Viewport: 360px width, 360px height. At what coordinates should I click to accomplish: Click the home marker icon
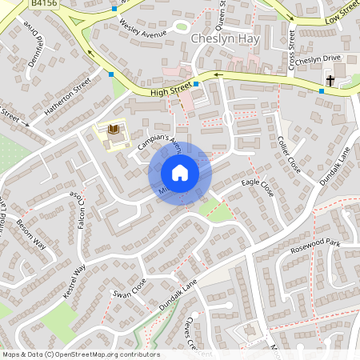[180, 173]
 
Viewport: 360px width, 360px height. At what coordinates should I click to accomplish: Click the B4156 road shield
[45, 4]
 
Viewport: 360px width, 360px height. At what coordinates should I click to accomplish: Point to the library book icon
[113, 130]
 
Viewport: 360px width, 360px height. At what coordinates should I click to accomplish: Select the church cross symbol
[330, 80]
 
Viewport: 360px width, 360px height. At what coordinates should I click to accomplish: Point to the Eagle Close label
[258, 189]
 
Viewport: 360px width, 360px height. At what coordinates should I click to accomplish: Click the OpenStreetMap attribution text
[80, 354]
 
